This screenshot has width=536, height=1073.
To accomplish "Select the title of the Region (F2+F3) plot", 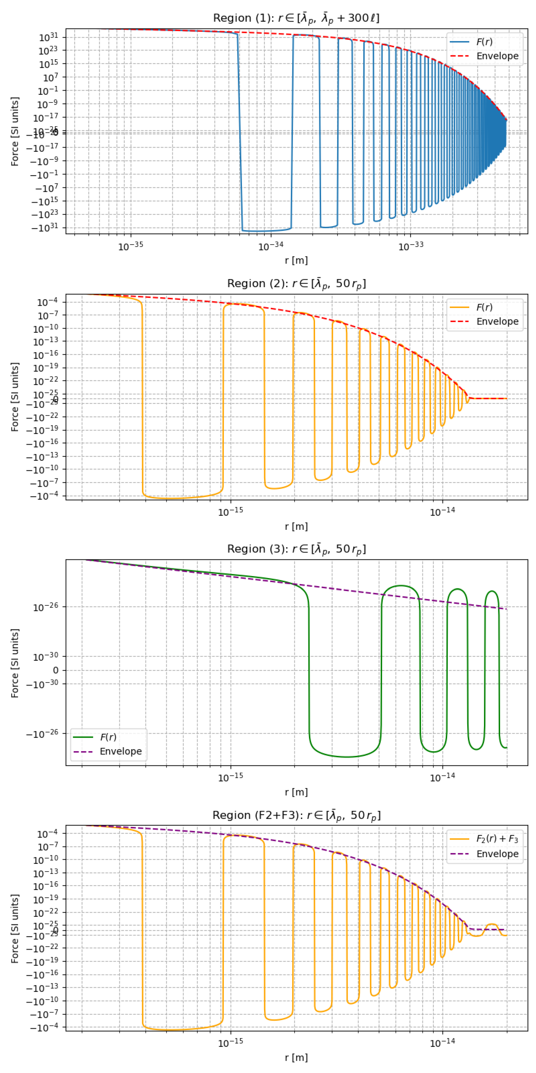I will [x=296, y=815].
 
